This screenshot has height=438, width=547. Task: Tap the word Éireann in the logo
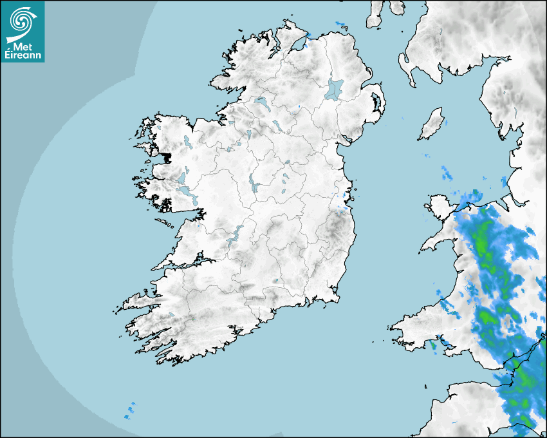coord(23,55)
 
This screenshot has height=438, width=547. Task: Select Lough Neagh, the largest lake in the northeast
coord(335,89)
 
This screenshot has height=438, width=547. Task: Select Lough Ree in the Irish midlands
coord(253,183)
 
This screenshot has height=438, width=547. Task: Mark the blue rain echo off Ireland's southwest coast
coord(131,410)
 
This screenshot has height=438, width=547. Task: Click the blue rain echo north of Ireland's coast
coord(340,25)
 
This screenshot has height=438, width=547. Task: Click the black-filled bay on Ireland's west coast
coord(167,157)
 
